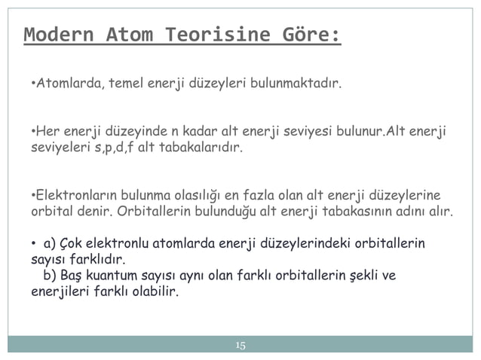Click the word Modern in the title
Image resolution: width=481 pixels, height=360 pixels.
pyautogui.click(x=59, y=35)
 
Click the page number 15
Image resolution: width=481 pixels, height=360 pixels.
pyautogui.click(x=240, y=346)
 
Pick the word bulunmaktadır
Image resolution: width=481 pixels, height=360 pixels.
pyautogui.click(x=294, y=81)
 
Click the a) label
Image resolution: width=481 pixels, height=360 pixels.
pyautogui.click(x=51, y=244)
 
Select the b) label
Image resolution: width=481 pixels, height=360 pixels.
pyautogui.click(x=51, y=275)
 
